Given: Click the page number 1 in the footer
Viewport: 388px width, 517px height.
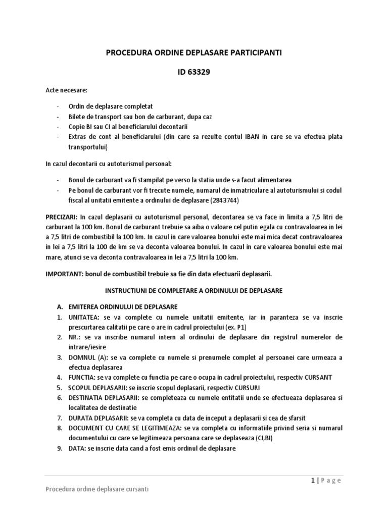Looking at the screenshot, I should point(313,480).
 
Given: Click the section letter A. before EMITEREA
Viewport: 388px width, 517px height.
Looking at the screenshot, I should point(59,307).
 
